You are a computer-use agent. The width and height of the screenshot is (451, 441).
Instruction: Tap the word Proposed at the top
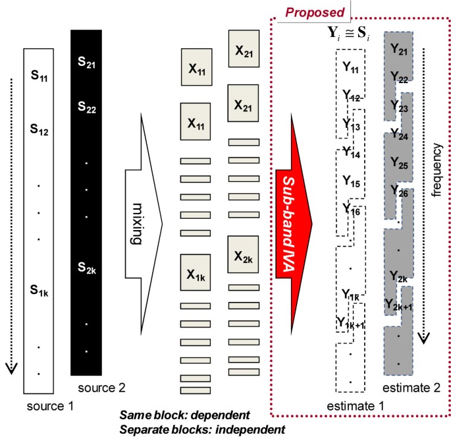coord(313,12)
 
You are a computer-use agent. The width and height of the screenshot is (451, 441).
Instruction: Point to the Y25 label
coord(398,162)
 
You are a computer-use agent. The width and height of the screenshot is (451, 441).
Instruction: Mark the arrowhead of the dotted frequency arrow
coord(424,338)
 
